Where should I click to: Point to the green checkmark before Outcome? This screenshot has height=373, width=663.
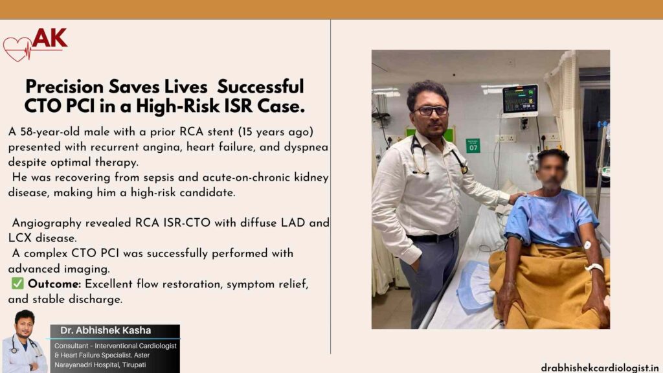pos(17,284)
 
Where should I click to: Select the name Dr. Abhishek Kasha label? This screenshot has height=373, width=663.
pos(106,330)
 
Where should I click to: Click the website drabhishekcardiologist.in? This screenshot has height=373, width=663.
pos(600,367)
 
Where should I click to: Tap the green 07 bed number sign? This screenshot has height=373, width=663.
pos(473,146)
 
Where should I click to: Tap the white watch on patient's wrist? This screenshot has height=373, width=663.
pos(593,267)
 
